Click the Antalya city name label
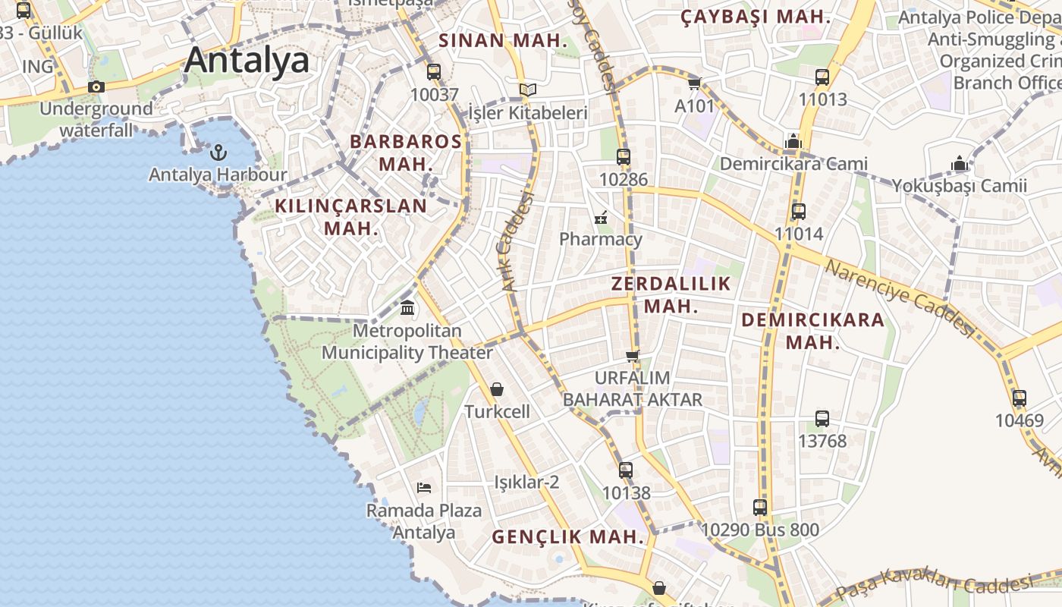click(247, 60)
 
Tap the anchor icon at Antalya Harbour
click(218, 153)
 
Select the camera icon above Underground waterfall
click(96, 86)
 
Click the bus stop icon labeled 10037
click(434, 72)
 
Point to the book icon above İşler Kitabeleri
click(528, 90)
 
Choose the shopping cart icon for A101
click(694, 83)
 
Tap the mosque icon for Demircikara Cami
click(793, 141)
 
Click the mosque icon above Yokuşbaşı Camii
click(960, 163)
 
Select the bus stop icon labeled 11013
click(822, 77)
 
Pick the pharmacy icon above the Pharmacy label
click(601, 218)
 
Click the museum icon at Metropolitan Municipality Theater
click(407, 308)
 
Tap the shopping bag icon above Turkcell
click(497, 389)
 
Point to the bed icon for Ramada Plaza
click(424, 487)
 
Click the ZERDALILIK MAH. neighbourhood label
click(671, 295)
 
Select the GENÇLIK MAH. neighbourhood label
click(568, 537)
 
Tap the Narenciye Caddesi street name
click(899, 298)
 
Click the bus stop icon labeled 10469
click(1020, 398)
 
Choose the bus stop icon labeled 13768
click(822, 418)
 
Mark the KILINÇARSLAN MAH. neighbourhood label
click(350, 216)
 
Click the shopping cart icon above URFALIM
click(632, 356)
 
